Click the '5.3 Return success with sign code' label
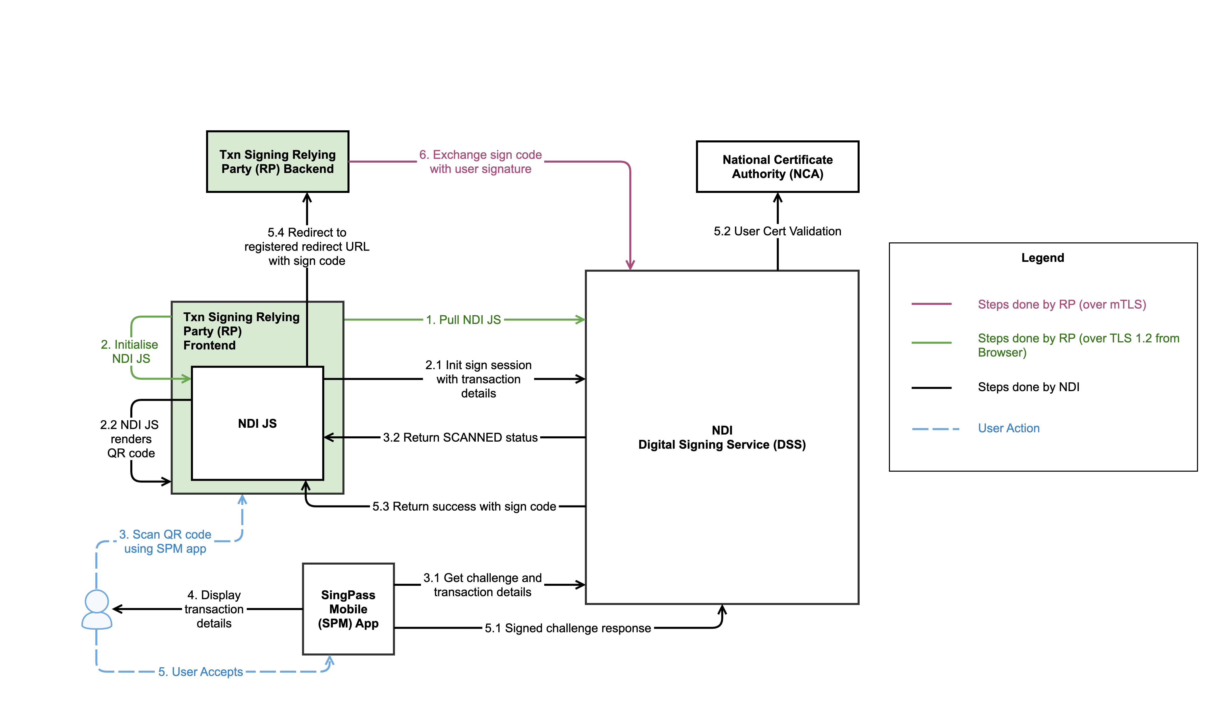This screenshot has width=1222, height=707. point(464,506)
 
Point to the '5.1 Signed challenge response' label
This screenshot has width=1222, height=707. point(568,628)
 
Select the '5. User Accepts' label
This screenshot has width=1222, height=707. point(200,672)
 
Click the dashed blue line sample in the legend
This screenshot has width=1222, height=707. point(935,429)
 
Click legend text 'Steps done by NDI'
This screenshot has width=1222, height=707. point(1029,387)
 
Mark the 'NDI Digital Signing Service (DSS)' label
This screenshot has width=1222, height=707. point(722,437)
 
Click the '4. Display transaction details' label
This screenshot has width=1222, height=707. point(214,609)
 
